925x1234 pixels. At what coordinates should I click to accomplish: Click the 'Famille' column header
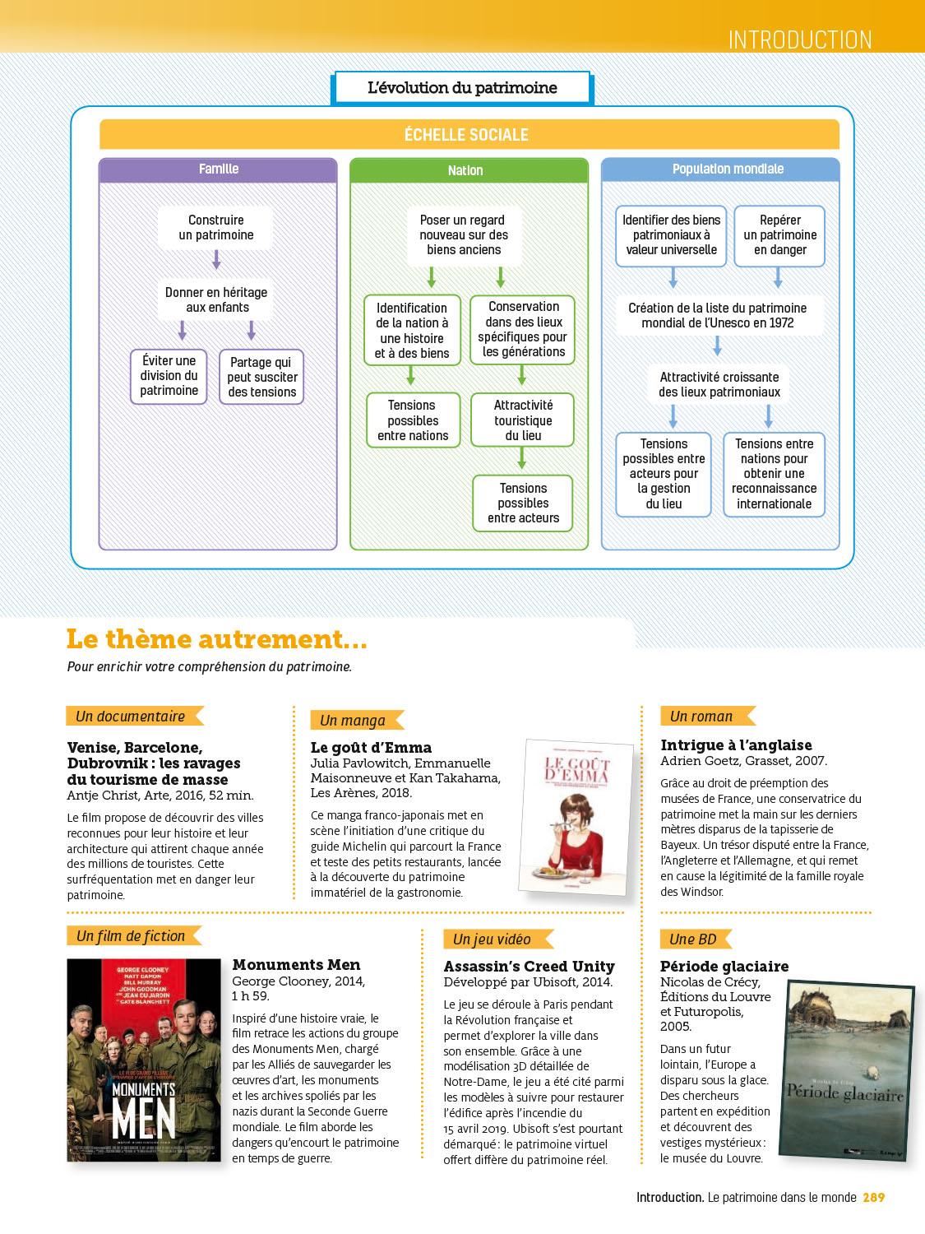pyautogui.click(x=218, y=169)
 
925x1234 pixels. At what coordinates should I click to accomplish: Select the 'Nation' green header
pyautogui.click(x=465, y=170)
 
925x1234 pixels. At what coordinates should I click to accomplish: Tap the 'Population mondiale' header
pyautogui.click(x=728, y=169)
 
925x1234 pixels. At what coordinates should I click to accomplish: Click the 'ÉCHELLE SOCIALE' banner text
pyautogui.click(x=466, y=135)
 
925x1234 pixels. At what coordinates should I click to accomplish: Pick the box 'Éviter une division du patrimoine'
pyautogui.click(x=169, y=376)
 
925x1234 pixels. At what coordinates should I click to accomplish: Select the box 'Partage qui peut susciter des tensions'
pyautogui.click(x=261, y=377)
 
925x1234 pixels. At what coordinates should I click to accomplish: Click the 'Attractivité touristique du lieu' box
pyautogui.click(x=523, y=420)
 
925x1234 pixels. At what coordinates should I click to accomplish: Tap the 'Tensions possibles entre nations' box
pyautogui.click(x=413, y=420)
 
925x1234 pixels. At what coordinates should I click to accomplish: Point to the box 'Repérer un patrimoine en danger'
pyautogui.click(x=779, y=235)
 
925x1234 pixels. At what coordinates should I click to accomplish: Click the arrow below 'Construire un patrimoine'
pyautogui.click(x=216, y=260)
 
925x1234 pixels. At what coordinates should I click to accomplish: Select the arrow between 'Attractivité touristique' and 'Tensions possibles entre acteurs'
pyautogui.click(x=521, y=458)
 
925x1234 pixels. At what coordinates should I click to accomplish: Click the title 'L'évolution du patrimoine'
pyautogui.click(x=462, y=88)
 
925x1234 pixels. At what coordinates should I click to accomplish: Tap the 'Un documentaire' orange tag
pyautogui.click(x=132, y=717)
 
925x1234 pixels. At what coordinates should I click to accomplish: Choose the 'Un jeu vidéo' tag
pyautogui.click(x=493, y=939)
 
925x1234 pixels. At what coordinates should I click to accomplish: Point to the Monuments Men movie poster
pyautogui.click(x=144, y=1060)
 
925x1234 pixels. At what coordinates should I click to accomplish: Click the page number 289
pyautogui.click(x=873, y=1198)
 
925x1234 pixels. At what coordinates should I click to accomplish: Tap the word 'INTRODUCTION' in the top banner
pyautogui.click(x=799, y=39)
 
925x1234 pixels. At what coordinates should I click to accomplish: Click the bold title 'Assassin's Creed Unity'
pyautogui.click(x=529, y=967)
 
